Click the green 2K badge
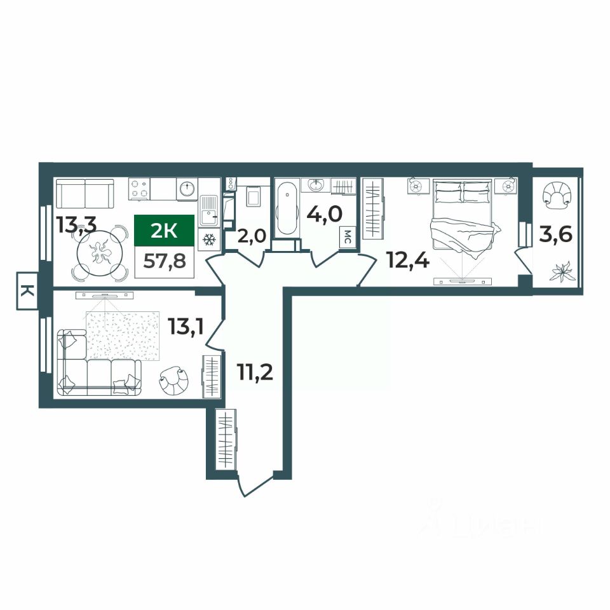tap(164, 230)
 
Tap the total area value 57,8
tap(164, 261)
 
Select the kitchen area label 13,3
tap(77, 225)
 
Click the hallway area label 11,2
tap(255, 372)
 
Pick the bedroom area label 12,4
tap(409, 260)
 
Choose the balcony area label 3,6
tap(555, 235)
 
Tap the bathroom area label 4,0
tap(325, 213)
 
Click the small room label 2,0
tap(252, 236)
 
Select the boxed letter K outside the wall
tap(27, 290)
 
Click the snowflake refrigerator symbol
tap(209, 240)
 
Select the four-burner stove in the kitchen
tap(139, 189)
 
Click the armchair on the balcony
tap(557, 195)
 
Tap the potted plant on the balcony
tap(561, 271)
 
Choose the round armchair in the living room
tap(174, 381)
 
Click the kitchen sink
tap(210, 211)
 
